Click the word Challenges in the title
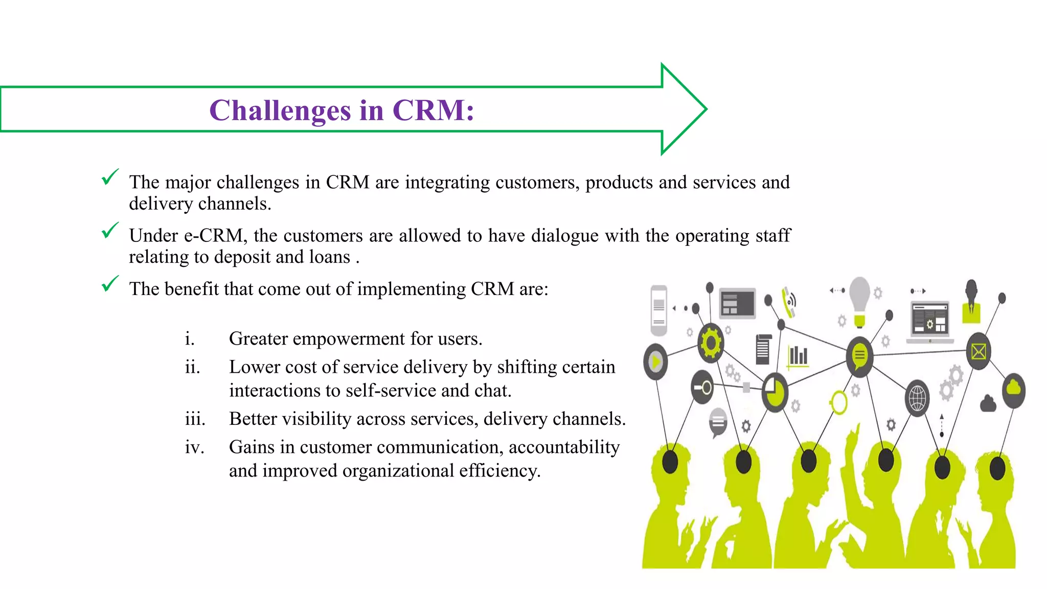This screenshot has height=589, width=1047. (280, 110)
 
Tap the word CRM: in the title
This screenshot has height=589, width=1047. (434, 110)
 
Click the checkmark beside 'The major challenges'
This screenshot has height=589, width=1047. (110, 177)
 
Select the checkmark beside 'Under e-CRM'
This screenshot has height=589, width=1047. (110, 231)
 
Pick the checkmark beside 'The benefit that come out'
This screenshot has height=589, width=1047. (110, 284)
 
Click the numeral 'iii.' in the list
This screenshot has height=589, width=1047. (195, 419)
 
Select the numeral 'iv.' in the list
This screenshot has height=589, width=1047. (195, 447)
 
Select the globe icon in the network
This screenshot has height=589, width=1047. (917, 398)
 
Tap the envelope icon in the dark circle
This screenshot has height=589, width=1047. (978, 352)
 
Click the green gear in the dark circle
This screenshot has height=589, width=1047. (711, 343)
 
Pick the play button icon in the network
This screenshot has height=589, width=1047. (656, 362)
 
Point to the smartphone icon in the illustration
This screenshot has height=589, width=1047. (659, 310)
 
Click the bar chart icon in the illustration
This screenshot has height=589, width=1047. (798, 355)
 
